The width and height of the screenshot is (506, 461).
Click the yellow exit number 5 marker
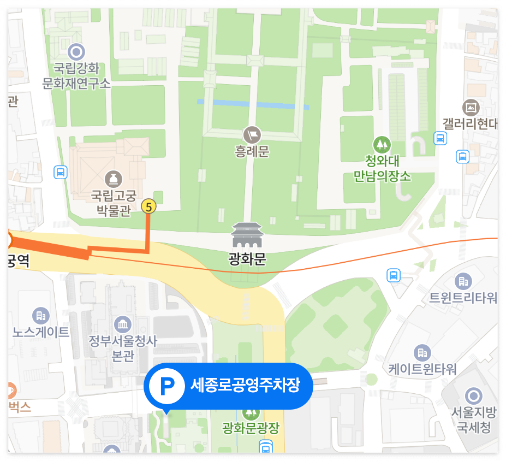tap(148, 206)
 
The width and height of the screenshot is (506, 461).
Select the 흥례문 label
tap(252, 151)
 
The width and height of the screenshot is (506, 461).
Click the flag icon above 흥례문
tap(252, 134)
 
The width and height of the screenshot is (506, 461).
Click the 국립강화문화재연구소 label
tap(76, 76)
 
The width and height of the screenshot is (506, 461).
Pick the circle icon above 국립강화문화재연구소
tap(76, 52)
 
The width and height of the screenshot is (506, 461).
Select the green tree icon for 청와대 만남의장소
tap(382, 145)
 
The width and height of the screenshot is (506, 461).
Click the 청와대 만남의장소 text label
tap(382, 169)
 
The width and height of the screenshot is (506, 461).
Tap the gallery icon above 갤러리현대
tap(471, 107)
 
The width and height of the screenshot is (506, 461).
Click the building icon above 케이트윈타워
tap(422, 352)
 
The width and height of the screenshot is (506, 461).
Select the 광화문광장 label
tap(251, 428)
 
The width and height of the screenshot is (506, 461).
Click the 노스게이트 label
tap(41, 332)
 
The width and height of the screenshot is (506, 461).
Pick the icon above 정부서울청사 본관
tap(123, 324)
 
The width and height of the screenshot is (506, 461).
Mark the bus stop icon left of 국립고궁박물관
tap(61, 173)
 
